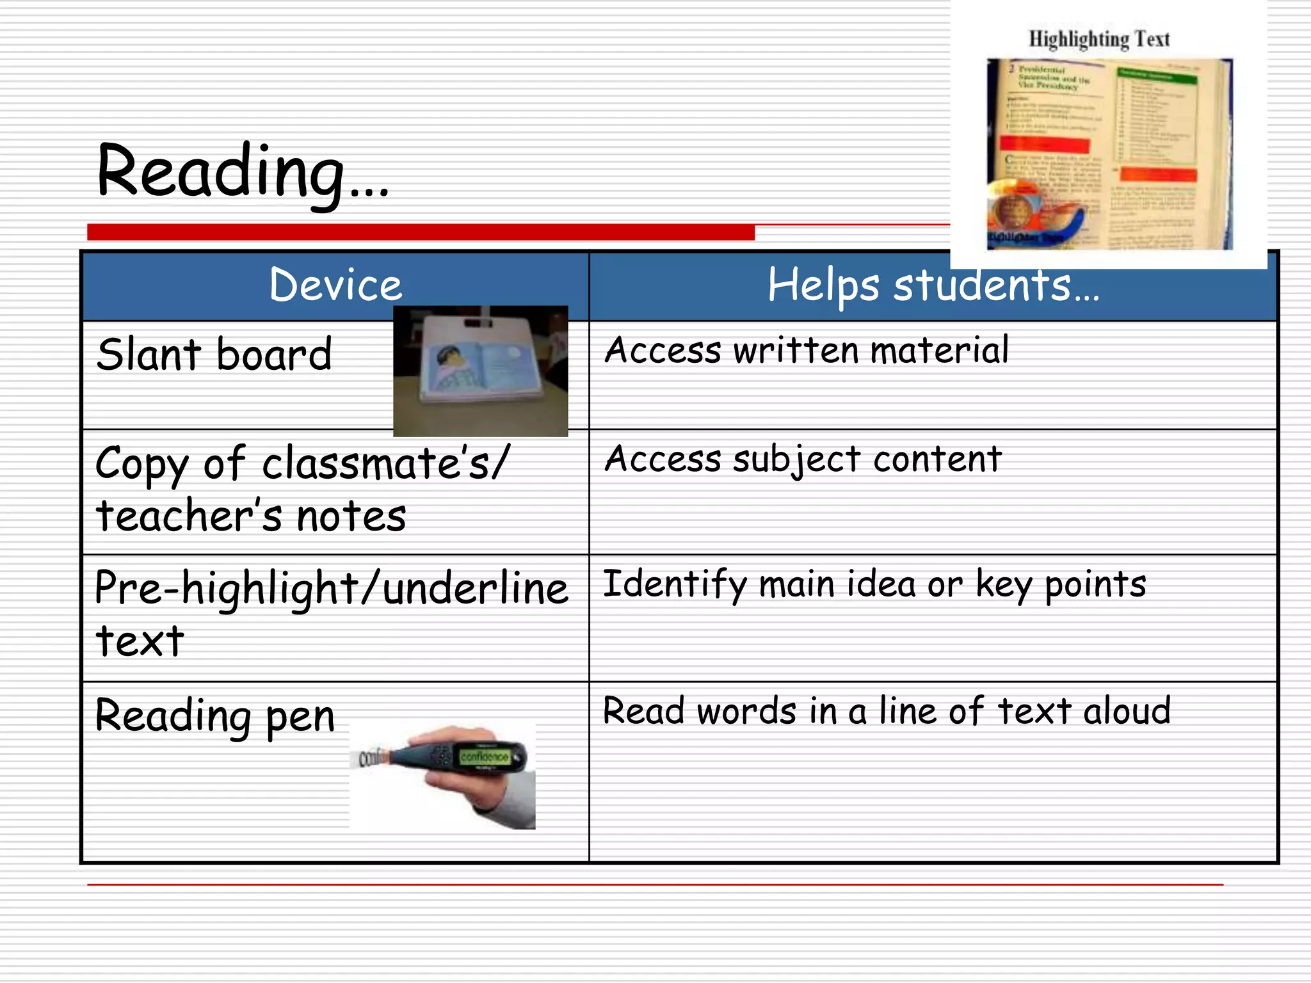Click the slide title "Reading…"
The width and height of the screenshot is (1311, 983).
click(242, 171)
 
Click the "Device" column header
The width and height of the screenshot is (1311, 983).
click(335, 285)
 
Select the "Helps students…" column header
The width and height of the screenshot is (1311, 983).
click(933, 285)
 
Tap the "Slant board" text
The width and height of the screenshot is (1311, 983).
click(214, 355)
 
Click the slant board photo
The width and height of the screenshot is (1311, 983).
click(480, 371)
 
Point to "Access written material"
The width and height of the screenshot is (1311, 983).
click(807, 351)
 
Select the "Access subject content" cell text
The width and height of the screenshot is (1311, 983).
click(803, 460)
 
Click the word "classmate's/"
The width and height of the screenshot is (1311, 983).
click(386, 463)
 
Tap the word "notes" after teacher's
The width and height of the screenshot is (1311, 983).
click(351, 516)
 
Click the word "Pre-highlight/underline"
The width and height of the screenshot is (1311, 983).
click(331, 588)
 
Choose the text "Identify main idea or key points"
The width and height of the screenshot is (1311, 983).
click(874, 584)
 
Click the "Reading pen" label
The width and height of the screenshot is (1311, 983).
click(214, 715)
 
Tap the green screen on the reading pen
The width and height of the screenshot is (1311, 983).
click(484, 757)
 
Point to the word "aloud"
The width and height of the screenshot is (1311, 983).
click(1127, 711)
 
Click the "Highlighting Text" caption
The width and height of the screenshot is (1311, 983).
click(1099, 40)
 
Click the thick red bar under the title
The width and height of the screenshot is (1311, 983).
click(421, 232)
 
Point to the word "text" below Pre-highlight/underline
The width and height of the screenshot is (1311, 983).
click(140, 641)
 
